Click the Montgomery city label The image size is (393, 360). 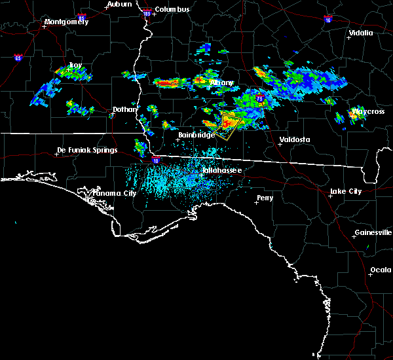click(65, 22)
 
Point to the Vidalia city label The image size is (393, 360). click(361, 33)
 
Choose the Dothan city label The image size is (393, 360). click(125, 110)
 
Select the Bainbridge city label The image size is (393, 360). click(197, 135)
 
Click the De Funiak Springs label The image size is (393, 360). click(87, 150)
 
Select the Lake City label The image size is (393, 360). click(346, 191)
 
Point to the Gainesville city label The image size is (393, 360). click(373, 232)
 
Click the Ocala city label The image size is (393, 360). click(381, 270)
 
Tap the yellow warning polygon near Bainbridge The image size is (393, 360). click(228, 126)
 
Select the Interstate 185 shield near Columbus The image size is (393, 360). click(147, 12)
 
